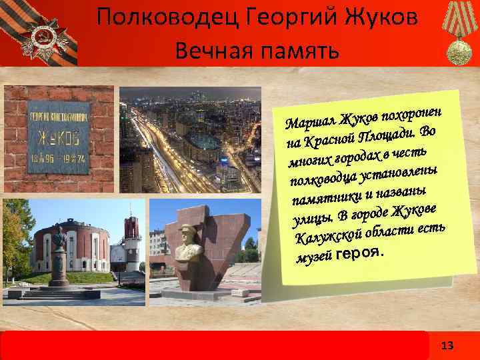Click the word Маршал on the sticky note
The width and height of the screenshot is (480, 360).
pyautogui.click(x=309, y=123)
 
